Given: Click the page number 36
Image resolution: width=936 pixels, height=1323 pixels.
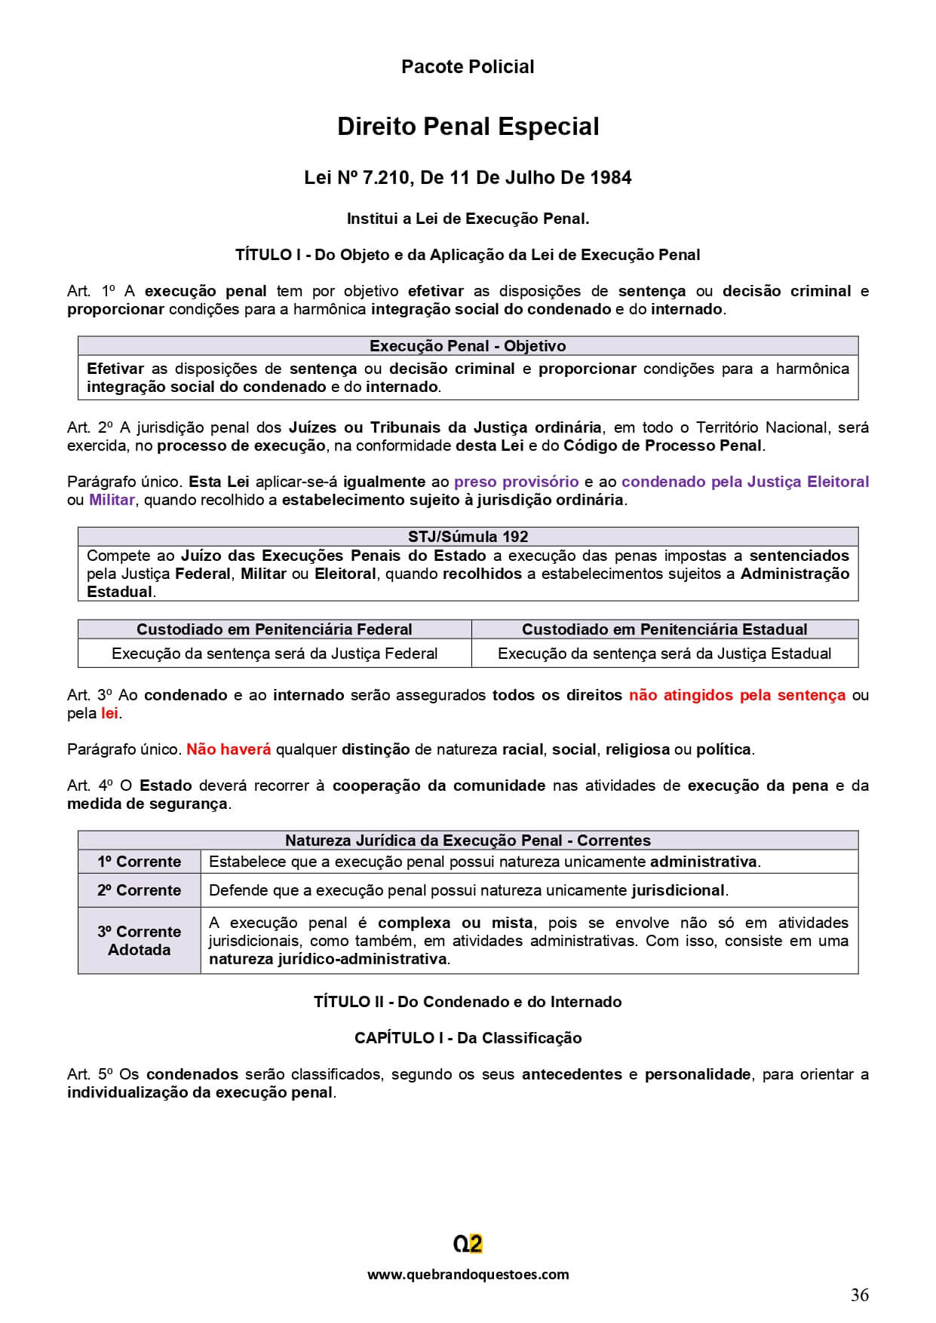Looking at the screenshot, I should click(x=859, y=1295).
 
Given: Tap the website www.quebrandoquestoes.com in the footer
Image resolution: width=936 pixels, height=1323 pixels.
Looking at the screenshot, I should click(x=468, y=1274).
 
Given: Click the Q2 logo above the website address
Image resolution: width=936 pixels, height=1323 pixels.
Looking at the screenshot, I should click(x=468, y=1244).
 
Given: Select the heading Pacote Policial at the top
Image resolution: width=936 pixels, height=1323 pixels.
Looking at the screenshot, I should click(x=468, y=67).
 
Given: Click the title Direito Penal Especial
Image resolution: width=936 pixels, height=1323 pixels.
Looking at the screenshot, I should click(x=468, y=127).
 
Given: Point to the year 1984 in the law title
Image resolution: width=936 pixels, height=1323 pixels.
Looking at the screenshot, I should click(x=611, y=178).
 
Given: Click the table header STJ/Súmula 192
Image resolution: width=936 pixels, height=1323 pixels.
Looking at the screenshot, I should click(x=468, y=537).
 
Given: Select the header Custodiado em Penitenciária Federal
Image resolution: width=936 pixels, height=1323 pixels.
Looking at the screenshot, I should click(x=274, y=629).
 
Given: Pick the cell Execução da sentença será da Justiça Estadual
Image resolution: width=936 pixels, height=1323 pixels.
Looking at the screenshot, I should click(x=664, y=654).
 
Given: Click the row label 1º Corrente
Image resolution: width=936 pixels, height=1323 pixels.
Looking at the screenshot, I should click(x=139, y=862).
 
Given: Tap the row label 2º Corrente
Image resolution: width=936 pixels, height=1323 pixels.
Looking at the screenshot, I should click(x=139, y=890).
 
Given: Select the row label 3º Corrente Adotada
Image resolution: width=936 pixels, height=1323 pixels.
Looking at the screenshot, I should click(x=139, y=941).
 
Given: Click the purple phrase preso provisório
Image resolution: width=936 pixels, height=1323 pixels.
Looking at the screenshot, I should click(x=516, y=482).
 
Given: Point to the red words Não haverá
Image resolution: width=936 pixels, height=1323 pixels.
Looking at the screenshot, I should click(x=229, y=749).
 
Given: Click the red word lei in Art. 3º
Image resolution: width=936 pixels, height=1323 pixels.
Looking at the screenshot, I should click(x=109, y=713).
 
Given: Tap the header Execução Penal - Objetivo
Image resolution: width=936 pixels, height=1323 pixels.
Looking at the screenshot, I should click(x=468, y=346).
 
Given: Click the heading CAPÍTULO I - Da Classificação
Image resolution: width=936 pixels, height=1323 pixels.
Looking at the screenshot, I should click(x=468, y=1038).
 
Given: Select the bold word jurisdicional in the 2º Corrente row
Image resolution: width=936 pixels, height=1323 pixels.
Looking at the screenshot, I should click(x=677, y=890).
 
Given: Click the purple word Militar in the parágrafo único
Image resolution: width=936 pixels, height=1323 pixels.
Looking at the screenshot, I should click(x=112, y=500).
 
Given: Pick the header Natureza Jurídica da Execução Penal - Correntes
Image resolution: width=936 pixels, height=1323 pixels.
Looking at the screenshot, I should click(x=468, y=841).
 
